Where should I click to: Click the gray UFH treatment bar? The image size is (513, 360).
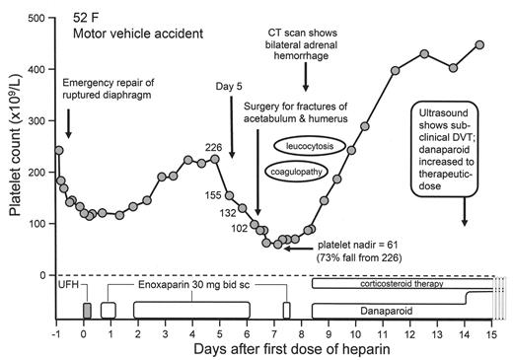tap(87, 311)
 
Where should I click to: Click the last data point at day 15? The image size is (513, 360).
tap(479, 44)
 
